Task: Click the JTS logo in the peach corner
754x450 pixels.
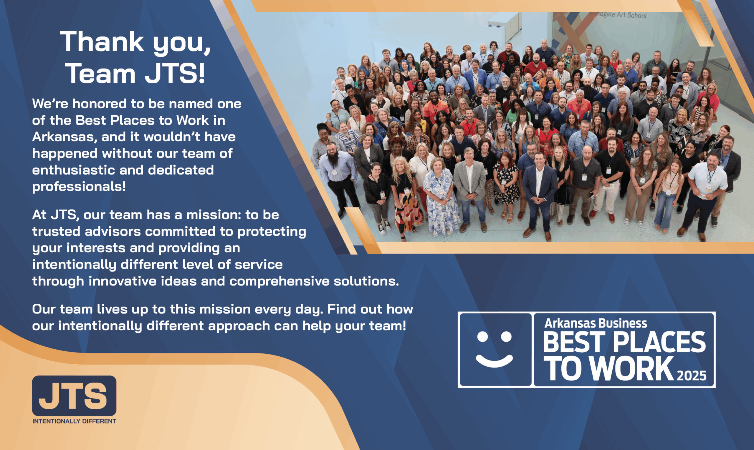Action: (74, 396)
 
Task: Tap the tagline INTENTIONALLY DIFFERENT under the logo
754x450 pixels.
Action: (74, 421)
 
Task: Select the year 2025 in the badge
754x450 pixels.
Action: (692, 376)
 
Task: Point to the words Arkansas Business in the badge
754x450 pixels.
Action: (596, 323)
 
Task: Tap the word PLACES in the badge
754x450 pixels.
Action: (659, 342)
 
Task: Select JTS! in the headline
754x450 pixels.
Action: (175, 73)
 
